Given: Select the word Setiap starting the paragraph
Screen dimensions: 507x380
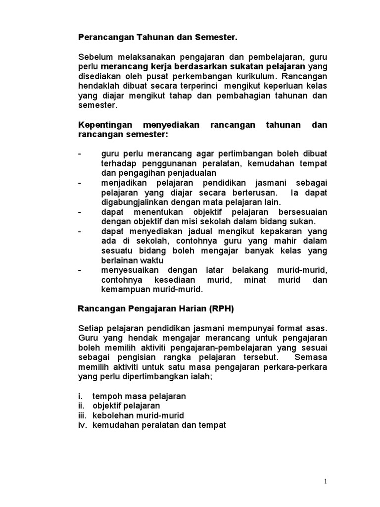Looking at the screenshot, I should click(x=91, y=328).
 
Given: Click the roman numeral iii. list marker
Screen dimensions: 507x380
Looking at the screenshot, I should click(x=83, y=415).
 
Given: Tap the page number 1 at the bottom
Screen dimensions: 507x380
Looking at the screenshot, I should click(x=326, y=481).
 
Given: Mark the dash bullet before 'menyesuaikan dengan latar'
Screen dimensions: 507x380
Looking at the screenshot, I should click(x=80, y=270).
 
